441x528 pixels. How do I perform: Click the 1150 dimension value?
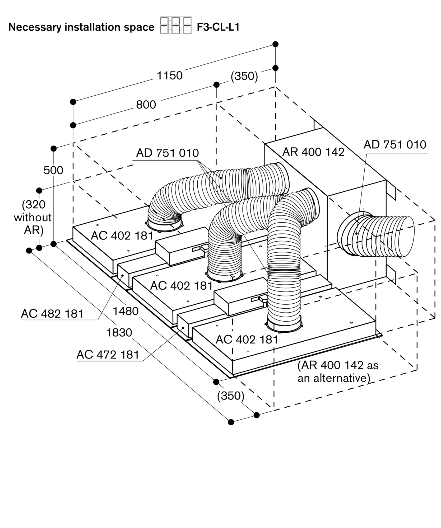(170, 76)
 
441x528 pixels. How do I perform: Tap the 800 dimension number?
(146, 105)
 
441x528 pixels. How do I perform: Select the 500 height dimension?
(53, 170)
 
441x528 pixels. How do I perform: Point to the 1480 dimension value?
(126, 311)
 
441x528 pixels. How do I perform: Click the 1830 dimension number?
(119, 333)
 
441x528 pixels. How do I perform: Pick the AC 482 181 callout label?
(52, 314)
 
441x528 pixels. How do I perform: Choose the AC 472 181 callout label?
(108, 355)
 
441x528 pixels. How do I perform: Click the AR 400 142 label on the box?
(313, 152)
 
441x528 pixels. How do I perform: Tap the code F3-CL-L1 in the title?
(218, 27)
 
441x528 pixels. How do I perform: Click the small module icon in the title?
(176, 25)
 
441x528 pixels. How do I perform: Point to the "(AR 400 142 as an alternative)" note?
(338, 372)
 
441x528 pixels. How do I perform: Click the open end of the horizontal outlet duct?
(407, 236)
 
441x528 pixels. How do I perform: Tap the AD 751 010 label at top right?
(395, 145)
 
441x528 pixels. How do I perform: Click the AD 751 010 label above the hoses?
(167, 153)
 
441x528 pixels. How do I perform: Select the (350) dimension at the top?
(244, 76)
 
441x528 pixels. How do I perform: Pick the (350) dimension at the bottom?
(230, 396)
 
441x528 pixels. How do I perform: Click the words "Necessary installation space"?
(81, 27)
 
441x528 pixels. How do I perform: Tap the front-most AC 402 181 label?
(247, 340)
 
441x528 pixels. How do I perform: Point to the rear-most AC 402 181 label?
(122, 236)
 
